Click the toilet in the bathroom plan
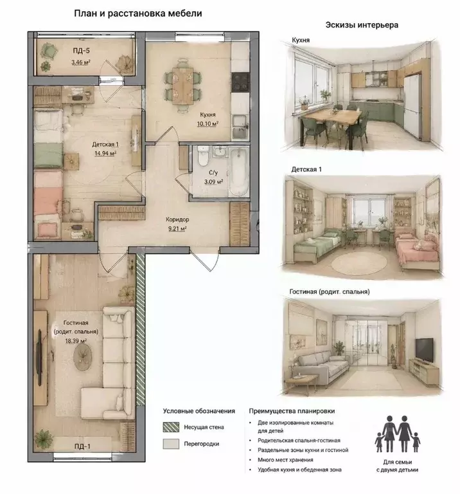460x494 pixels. coord(203,156)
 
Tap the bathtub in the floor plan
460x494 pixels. coord(238,172)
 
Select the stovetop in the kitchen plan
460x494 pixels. coord(240,82)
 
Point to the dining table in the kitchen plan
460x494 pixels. coord(183,86)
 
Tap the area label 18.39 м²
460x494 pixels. coord(76,340)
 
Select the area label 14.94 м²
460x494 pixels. coord(105,154)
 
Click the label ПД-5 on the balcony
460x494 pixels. coord(81,50)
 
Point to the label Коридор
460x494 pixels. coord(177,219)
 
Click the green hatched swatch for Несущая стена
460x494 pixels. coord(171,427)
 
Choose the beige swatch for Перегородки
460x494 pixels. coord(171,444)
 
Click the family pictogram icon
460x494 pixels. coord(398,434)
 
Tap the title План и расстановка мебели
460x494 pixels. coord(138,14)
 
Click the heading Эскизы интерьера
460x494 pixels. coord(362,25)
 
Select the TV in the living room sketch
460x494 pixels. coord(424,350)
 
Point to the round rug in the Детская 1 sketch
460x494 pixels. coord(359,262)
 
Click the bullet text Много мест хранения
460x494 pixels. coord(285,460)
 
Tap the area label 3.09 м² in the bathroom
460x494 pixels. coord(214,182)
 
